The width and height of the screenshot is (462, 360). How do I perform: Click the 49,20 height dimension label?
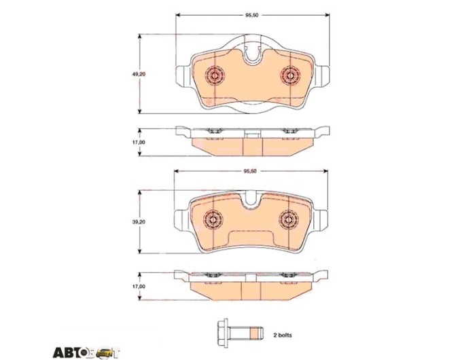(x=138, y=75)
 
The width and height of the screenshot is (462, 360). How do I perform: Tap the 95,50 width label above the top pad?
(x=252, y=15)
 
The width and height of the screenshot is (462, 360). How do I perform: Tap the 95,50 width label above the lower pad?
(x=250, y=171)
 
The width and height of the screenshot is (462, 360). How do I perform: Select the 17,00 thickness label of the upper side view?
(x=138, y=142)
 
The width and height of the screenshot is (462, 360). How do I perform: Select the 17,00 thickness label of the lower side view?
(x=138, y=287)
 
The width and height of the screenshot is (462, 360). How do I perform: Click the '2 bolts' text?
(x=283, y=336)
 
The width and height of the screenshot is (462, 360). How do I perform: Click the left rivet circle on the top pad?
(x=215, y=75)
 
